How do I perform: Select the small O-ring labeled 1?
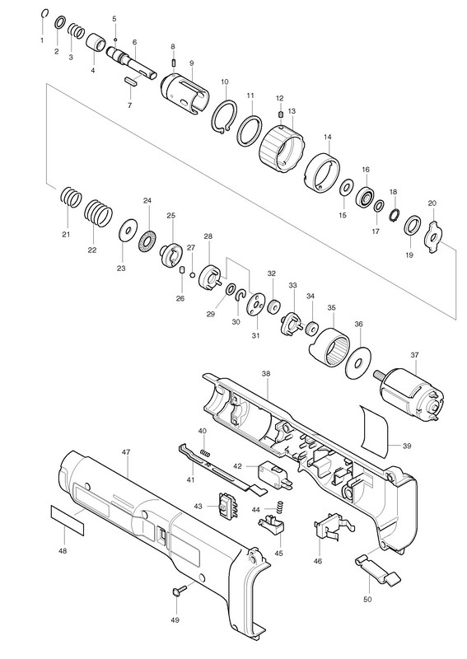pyautogui.click(x=45, y=14)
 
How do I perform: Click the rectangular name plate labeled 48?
pyautogui.click(x=68, y=521)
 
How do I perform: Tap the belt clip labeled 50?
pyautogui.click(x=377, y=569)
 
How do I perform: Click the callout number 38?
pyautogui.click(x=266, y=373)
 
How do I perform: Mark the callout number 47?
pyautogui.click(x=126, y=451)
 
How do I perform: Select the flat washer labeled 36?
pyautogui.click(x=358, y=362)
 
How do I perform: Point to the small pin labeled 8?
pyautogui.click(x=173, y=63)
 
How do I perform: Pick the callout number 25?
pyautogui.click(x=170, y=216)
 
